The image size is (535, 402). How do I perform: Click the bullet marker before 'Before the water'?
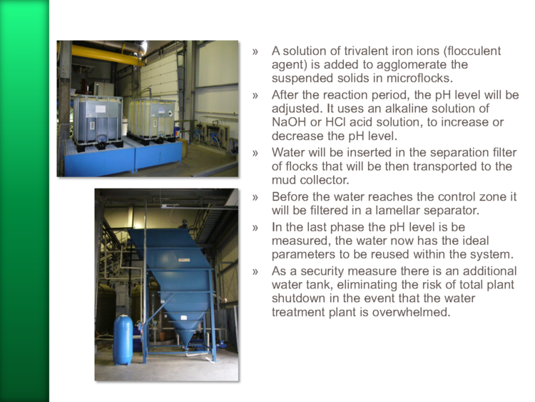point(255,197)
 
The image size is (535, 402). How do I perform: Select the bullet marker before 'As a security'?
point(255,272)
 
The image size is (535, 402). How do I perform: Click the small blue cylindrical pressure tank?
point(123,340)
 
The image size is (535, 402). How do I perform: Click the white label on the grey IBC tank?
point(101,109)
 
